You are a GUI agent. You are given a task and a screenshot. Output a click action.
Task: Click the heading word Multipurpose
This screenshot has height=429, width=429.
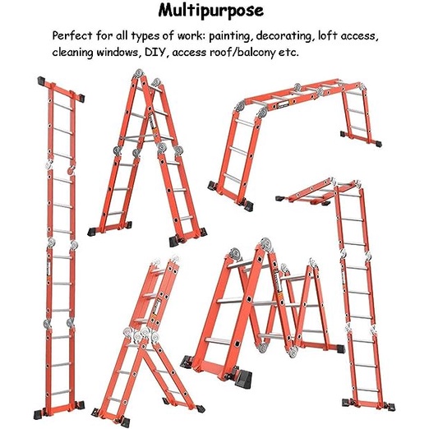(214, 12)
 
